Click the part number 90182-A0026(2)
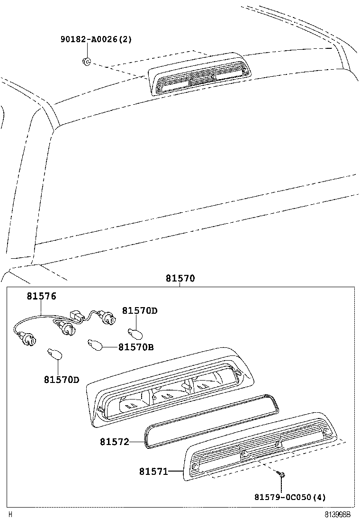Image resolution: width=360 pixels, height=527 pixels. point(96,39)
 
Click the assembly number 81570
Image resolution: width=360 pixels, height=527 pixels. point(180,279)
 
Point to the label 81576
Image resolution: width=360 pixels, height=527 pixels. point(41,296)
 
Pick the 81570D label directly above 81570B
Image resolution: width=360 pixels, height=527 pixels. point(140,310)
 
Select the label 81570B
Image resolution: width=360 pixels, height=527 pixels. point(136,347)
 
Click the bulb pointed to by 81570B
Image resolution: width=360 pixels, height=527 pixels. point(95,345)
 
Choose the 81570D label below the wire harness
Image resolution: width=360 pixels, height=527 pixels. point(62,380)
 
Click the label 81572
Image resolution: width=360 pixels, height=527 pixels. point(114,442)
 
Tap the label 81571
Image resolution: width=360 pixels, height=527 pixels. point(153,472)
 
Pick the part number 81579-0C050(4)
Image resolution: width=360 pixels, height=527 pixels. point(290,497)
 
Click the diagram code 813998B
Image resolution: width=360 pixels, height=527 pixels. point(337,514)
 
